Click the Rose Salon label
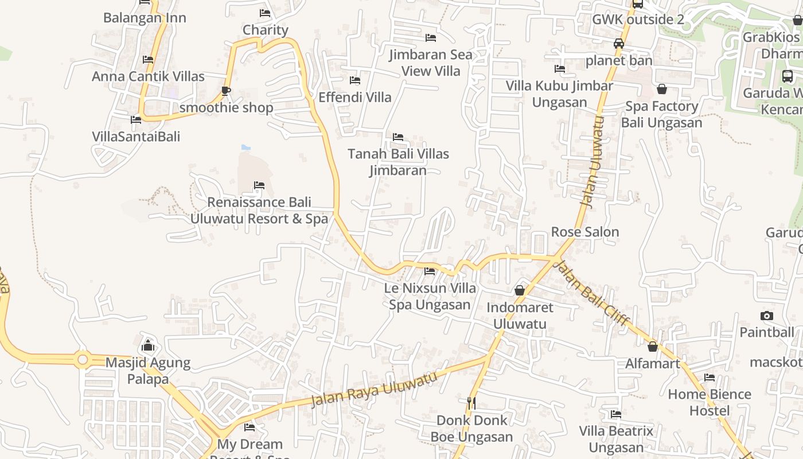(x=585, y=232)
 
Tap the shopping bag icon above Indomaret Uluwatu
(x=520, y=291)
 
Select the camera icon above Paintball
(x=766, y=316)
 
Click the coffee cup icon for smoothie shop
(x=226, y=91)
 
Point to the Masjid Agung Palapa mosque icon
(x=148, y=345)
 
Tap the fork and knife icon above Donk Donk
(x=471, y=403)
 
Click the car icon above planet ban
(x=619, y=44)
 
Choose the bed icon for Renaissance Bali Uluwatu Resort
(x=259, y=185)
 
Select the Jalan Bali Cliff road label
(x=594, y=293)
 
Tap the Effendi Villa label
(x=355, y=97)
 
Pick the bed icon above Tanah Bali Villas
(x=398, y=137)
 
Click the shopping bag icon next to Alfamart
(x=653, y=347)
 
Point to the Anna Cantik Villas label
(x=148, y=76)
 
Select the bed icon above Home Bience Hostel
(x=710, y=378)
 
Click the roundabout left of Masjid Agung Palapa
(x=81, y=360)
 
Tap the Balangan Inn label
(x=145, y=18)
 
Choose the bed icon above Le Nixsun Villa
(x=430, y=271)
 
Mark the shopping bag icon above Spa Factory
(x=662, y=89)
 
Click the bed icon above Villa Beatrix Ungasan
(x=616, y=414)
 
